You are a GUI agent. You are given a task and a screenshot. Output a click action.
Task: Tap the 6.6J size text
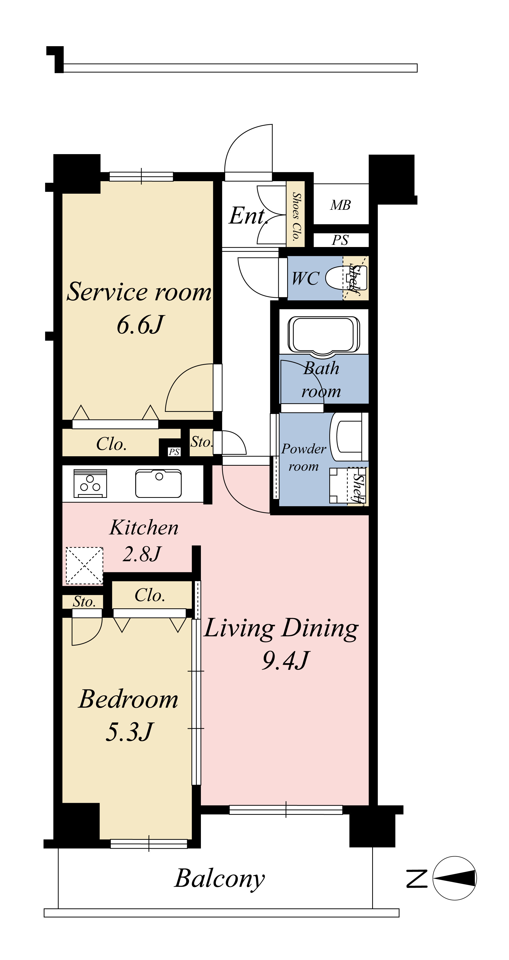tap(140, 325)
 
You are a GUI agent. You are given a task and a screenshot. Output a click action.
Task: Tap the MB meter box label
tap(341, 205)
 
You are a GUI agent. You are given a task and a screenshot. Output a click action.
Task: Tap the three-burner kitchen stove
tap(90, 483)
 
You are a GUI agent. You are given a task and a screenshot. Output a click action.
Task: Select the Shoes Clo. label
tap(296, 216)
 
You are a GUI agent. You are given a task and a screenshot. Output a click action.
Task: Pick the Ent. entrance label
tap(248, 215)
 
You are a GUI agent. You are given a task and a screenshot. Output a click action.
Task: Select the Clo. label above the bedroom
tap(150, 595)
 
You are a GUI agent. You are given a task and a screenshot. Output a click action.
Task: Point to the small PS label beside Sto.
tap(174, 452)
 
